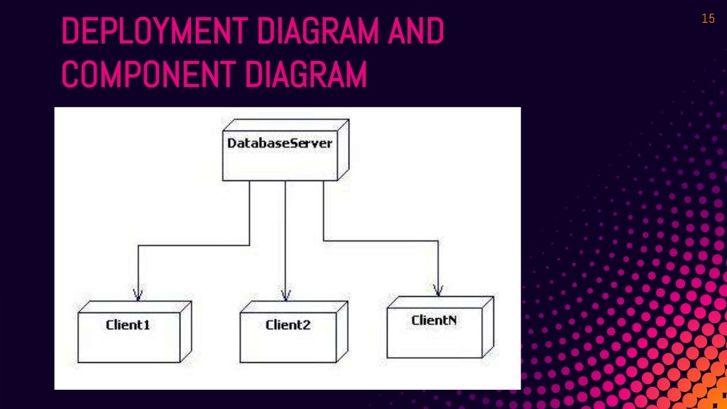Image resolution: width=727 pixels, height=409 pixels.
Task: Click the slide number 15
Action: (708, 19)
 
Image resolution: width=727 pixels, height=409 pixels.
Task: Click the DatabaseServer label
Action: (280, 143)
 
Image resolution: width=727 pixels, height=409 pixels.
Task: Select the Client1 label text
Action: (128, 325)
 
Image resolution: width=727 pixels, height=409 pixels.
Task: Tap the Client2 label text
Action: (288, 325)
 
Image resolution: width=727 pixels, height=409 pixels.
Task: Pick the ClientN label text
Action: (434, 320)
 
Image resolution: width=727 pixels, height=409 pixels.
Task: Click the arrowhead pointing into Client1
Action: (138, 294)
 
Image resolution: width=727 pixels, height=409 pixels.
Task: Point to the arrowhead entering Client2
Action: (285, 294)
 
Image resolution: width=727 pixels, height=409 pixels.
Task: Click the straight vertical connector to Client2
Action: (285, 234)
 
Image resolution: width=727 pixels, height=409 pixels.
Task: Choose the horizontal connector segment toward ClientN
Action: (381, 241)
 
